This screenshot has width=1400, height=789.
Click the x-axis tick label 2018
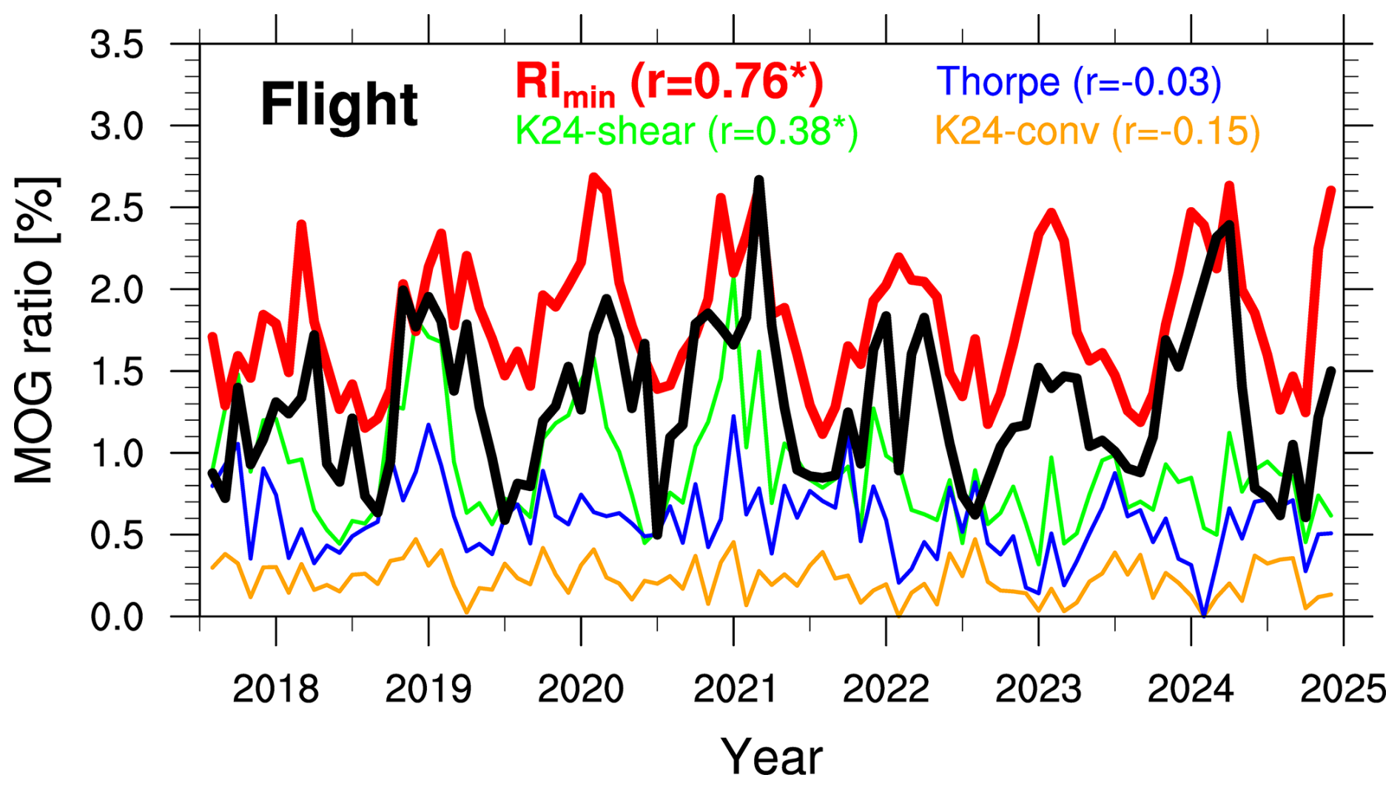coord(275,689)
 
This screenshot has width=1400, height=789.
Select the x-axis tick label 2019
coord(428,689)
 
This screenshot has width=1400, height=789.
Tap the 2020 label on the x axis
coord(580,689)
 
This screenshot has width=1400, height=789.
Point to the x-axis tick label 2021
coord(734,689)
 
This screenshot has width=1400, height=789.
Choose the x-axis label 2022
coord(886,689)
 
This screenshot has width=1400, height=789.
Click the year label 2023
coord(1038,689)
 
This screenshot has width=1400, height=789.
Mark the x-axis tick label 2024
coord(1191,689)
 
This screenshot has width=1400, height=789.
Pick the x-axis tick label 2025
coord(1343,689)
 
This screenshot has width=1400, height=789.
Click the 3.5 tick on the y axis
coord(117,46)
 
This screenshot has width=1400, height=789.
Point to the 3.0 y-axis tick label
coord(117,127)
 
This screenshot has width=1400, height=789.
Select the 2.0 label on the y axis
coord(117,290)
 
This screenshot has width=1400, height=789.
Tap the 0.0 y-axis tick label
coord(117,617)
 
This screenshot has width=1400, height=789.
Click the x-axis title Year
coord(772,757)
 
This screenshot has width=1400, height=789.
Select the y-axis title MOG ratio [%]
coord(35,331)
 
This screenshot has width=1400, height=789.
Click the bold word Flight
coord(339,106)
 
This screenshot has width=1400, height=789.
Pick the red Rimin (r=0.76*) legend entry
coord(669,83)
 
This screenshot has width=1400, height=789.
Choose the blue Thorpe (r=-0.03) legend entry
coord(1079,81)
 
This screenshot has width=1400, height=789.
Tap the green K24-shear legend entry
coord(686,132)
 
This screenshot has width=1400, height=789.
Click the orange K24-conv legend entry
coord(1097,132)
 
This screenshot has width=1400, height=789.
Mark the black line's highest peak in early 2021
coord(758,180)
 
